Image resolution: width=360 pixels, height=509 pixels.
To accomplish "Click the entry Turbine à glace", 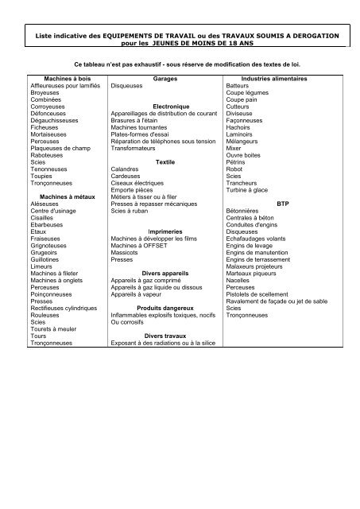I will click(248, 189).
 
